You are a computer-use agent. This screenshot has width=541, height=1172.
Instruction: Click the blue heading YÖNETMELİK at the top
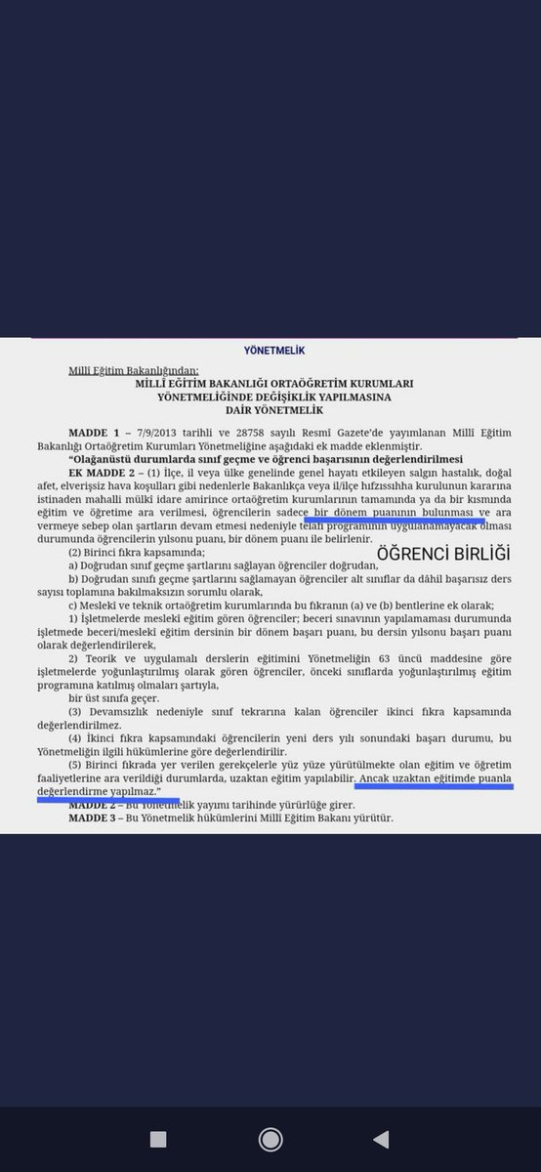click(x=270, y=349)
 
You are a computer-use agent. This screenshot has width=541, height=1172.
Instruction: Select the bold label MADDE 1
click(x=92, y=432)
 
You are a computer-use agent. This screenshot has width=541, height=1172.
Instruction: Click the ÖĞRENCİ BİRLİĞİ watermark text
click(x=443, y=553)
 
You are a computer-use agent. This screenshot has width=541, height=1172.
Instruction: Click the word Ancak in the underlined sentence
click(x=376, y=779)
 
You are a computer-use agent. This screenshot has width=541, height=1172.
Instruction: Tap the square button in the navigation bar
click(x=158, y=1138)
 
